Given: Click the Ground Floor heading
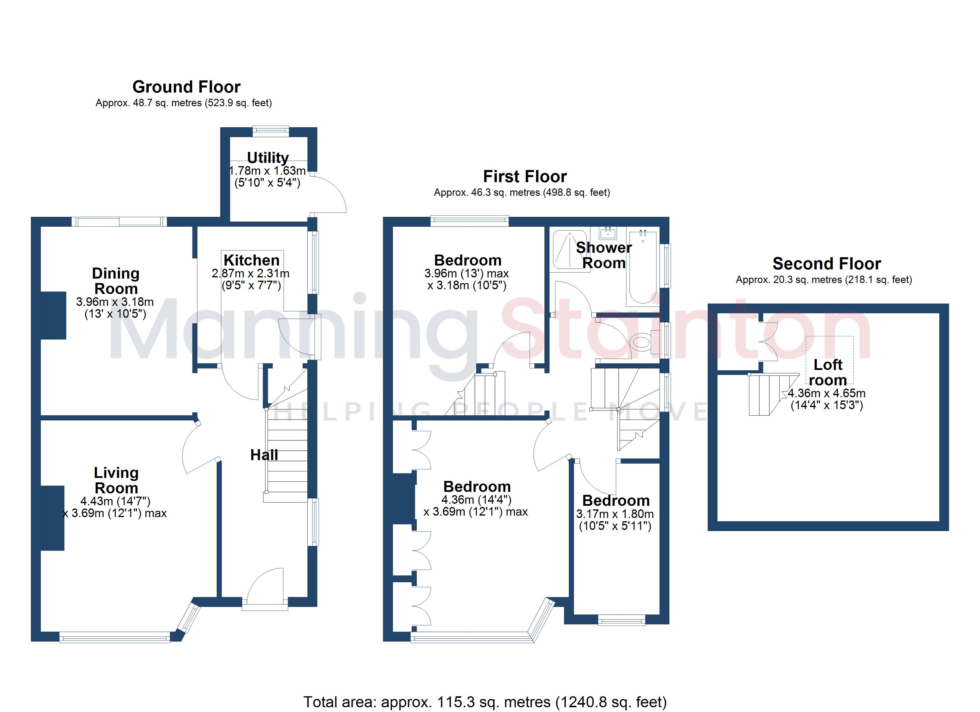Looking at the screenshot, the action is (x=186, y=87).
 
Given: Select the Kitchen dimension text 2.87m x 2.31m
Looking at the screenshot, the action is (x=251, y=273).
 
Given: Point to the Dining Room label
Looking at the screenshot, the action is (x=116, y=281).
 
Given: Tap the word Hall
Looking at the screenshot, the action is (x=264, y=455).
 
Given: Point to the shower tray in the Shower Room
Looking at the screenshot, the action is (x=570, y=249).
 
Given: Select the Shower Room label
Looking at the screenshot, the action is (x=604, y=255).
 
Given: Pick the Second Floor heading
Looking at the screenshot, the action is (x=826, y=263).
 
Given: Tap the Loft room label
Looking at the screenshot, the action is (x=827, y=372).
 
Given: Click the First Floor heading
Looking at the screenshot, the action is (x=524, y=177).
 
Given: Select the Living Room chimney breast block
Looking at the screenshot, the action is (x=52, y=518).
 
